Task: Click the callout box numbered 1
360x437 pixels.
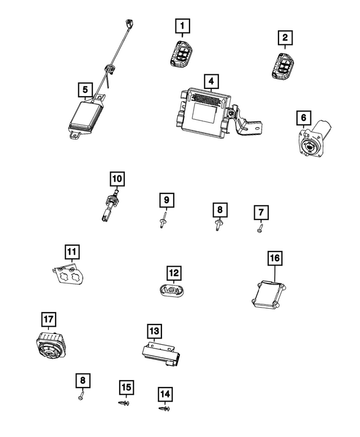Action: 182,25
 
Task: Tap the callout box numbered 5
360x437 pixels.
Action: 84,89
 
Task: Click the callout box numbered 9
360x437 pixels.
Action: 166,200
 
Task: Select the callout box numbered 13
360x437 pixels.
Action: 154,331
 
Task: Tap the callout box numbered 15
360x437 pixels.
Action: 126,388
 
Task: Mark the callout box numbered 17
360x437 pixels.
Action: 48,320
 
